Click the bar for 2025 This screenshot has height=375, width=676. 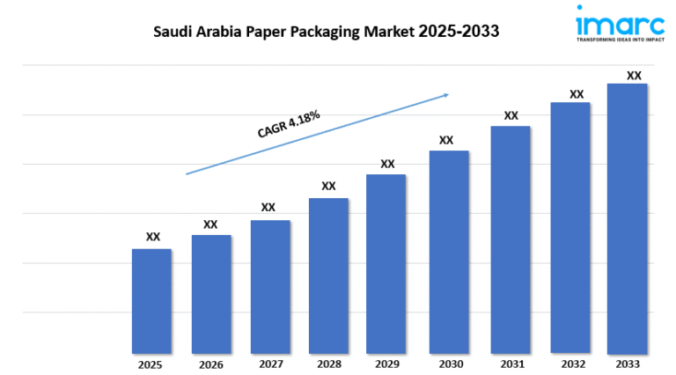click(x=151, y=301)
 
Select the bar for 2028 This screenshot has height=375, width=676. click(x=328, y=276)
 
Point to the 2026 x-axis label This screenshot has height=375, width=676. click(x=211, y=364)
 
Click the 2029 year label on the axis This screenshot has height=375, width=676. click(x=386, y=364)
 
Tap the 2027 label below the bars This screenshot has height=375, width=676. click(x=270, y=364)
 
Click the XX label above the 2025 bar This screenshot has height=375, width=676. click(x=152, y=237)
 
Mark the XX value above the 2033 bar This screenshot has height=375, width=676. click(x=633, y=76)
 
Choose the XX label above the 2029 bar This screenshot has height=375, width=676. click(x=387, y=164)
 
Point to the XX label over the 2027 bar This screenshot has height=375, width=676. click(x=268, y=208)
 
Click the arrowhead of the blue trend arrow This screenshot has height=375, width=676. click(x=446, y=93)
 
